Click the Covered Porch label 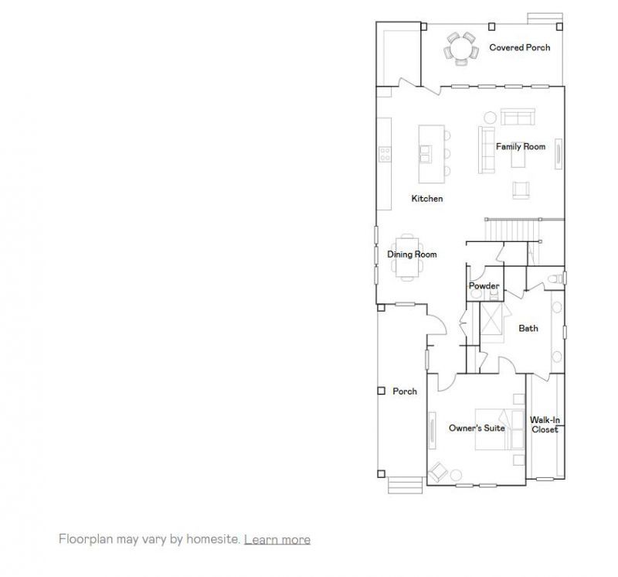[519, 48]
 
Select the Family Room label [520, 146]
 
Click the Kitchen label [426, 199]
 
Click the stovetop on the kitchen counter [384, 154]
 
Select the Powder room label [484, 286]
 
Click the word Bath [528, 328]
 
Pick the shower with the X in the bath [494, 318]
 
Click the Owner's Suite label [477, 428]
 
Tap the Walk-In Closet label [545, 425]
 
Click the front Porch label [405, 391]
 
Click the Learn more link [277, 539]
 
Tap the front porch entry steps [405, 485]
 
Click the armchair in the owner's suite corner [439, 470]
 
